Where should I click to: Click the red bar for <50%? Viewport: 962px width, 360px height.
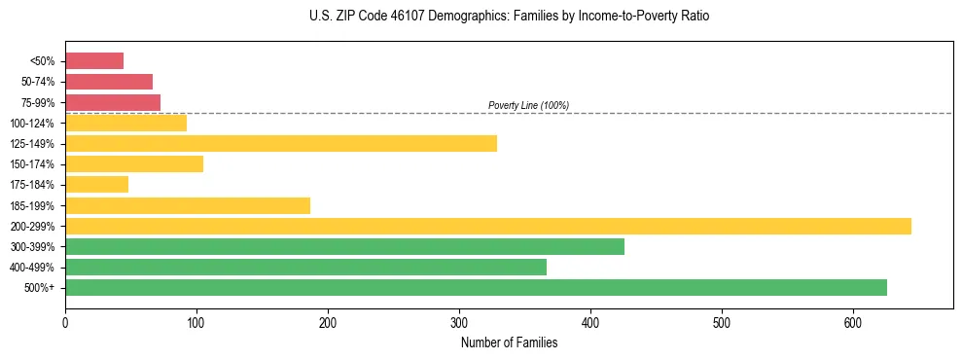coord(94,61)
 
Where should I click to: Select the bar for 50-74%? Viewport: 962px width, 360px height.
coord(109,82)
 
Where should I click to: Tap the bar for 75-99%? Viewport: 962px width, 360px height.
coord(113,102)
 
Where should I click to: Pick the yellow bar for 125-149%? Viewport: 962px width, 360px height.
coord(281,144)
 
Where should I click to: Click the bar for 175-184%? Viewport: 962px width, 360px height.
coord(96,185)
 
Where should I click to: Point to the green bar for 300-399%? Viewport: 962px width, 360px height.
coord(344,247)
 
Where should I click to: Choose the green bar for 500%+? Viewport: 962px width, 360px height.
coord(476,288)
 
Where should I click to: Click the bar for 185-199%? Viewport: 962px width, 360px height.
coord(188,205)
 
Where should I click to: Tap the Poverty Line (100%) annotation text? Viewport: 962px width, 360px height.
coord(528,105)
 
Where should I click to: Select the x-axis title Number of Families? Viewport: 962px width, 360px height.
coord(509,342)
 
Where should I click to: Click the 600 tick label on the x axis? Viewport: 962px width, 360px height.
coord(853,323)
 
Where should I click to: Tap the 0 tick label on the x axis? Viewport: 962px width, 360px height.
coord(65,323)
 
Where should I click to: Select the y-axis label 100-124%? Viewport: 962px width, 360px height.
coord(32,124)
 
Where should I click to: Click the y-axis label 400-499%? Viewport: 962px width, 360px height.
coord(32,268)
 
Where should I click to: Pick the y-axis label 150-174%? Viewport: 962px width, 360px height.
coord(32,164)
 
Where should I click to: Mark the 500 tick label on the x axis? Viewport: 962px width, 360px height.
coord(722,323)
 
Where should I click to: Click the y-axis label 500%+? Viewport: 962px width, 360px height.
coord(39,288)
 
